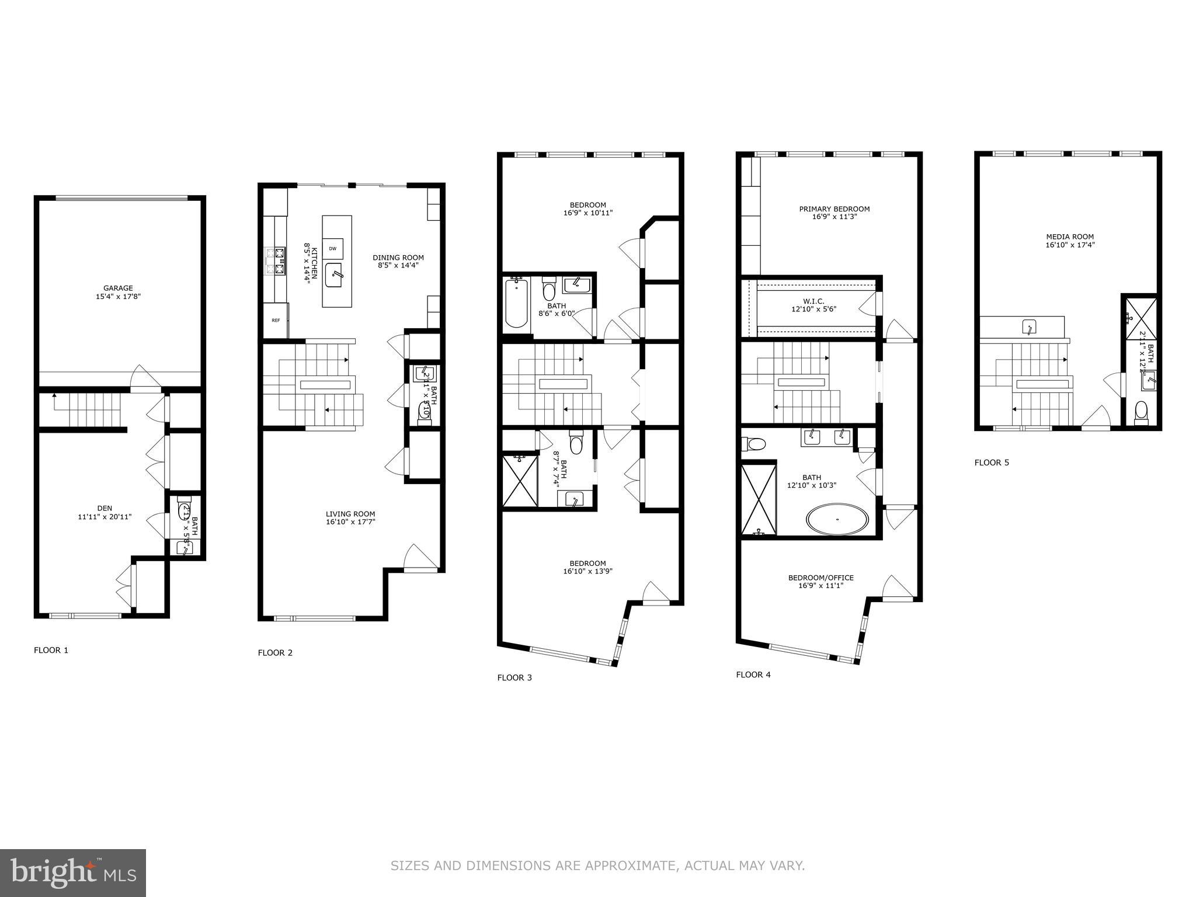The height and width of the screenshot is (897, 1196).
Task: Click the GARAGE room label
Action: pos(118,288)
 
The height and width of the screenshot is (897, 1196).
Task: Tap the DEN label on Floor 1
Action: pos(105,508)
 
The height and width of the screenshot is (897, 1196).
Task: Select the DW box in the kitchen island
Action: pos(332,249)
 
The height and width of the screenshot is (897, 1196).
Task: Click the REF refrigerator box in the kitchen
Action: pos(276,320)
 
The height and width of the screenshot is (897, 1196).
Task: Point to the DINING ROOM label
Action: pos(398,258)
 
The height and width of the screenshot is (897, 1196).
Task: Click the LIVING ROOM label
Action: pos(350,514)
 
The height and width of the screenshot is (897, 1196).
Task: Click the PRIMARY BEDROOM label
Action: pos(834,209)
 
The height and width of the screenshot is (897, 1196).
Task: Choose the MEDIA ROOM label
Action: pos(1070,237)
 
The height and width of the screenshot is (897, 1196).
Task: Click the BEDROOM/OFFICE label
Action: pos(820,578)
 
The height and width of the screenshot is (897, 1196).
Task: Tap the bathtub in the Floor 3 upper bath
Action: pos(516,304)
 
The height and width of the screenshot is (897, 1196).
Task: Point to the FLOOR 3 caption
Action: pos(514,677)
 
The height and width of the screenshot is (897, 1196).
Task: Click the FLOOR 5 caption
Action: pos(992,463)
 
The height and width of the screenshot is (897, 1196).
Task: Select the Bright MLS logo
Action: pos(73,873)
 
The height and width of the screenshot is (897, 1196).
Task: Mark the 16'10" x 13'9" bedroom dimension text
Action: pos(584,572)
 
